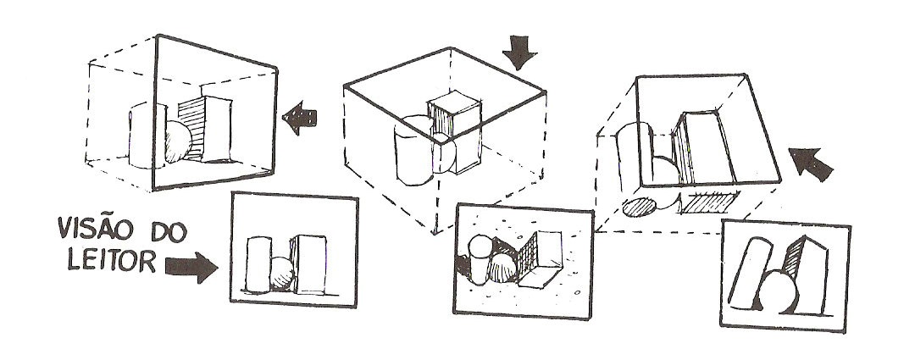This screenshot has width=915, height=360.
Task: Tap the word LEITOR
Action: [x=112, y=260]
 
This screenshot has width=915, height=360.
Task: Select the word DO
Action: [x=169, y=232]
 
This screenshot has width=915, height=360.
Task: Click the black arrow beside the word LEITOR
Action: [x=191, y=267]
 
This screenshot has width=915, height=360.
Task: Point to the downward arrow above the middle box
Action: [x=519, y=52]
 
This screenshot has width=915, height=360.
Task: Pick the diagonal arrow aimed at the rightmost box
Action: [x=810, y=163]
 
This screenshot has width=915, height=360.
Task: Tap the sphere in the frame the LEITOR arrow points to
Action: [x=282, y=273]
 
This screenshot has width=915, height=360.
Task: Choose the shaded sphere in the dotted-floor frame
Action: [x=502, y=268]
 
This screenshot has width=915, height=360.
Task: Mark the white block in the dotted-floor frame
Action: [x=541, y=259]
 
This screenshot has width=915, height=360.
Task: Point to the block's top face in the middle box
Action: [x=454, y=102]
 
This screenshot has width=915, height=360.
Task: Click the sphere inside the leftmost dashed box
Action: [x=178, y=141]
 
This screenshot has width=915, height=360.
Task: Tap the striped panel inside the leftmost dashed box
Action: [x=190, y=129]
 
